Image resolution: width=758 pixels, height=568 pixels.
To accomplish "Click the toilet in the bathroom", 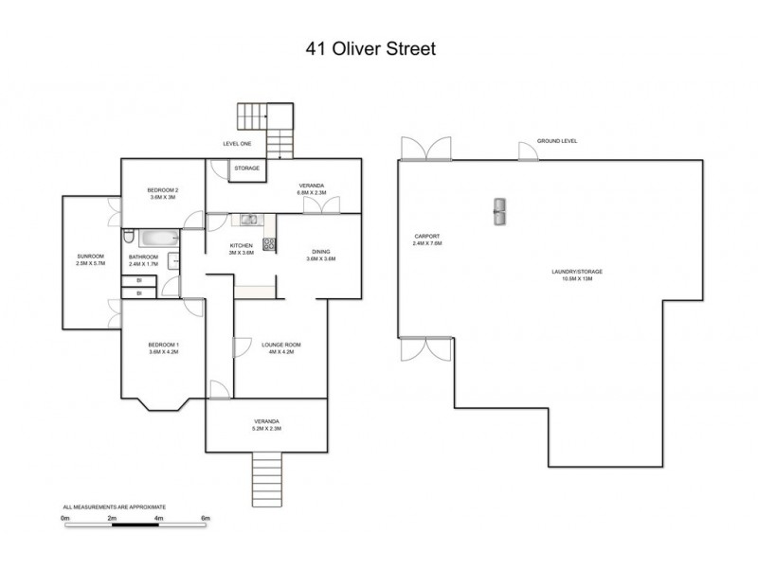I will pos(127,235).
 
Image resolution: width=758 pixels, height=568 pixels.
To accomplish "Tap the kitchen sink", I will pos(248,221).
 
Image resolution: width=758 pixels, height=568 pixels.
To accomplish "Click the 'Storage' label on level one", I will pos(247,169).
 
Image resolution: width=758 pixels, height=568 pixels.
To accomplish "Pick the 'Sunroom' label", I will pos(90,257).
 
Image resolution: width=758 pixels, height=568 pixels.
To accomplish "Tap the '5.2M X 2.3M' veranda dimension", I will pos(266,429).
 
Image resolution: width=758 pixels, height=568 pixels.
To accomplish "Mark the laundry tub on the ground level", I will pos(498,212).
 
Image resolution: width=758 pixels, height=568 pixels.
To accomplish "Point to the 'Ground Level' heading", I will pos(556,140).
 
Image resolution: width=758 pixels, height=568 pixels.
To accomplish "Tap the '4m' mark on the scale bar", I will pos(158,519).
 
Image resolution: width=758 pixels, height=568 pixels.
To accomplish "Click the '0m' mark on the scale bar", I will pos(65,519).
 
